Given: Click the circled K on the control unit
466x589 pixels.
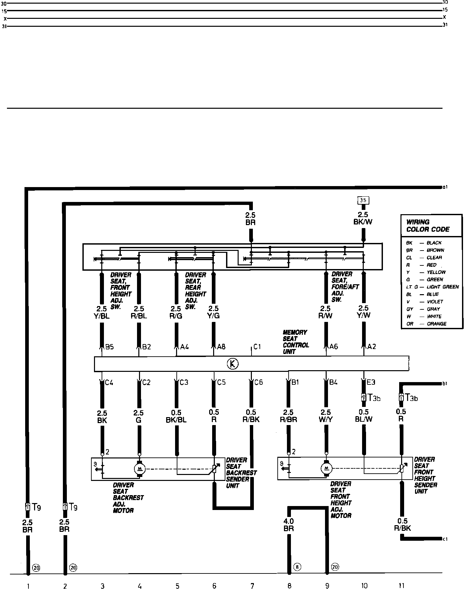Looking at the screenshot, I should (x=233, y=364).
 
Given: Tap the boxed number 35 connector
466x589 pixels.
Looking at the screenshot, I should (x=363, y=200).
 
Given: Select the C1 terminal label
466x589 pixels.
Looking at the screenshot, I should (x=257, y=347).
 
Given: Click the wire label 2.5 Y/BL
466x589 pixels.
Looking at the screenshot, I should (x=102, y=312).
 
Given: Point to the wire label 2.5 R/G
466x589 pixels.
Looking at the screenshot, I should (x=176, y=312).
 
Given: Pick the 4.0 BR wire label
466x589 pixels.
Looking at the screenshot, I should (x=289, y=525).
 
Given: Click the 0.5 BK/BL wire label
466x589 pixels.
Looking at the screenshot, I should (x=176, y=416).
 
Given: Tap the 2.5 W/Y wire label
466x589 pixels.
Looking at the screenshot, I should (x=326, y=416).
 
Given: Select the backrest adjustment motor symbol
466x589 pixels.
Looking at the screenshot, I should (x=139, y=468).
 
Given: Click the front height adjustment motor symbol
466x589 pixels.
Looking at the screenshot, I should (x=326, y=468).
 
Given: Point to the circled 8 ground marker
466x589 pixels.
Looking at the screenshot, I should (x=297, y=567).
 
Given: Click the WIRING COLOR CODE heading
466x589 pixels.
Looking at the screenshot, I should (x=428, y=226).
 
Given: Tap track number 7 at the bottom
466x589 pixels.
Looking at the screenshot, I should (x=252, y=586).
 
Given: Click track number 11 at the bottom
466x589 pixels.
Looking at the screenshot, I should (x=401, y=586).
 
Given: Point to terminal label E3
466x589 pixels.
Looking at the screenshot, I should (x=371, y=382).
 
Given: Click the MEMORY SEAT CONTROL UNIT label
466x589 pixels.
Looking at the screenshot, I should (x=296, y=342).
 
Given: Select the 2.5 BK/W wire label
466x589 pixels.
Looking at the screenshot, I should (x=363, y=218).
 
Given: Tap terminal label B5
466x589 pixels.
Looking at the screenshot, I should (x=109, y=347).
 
